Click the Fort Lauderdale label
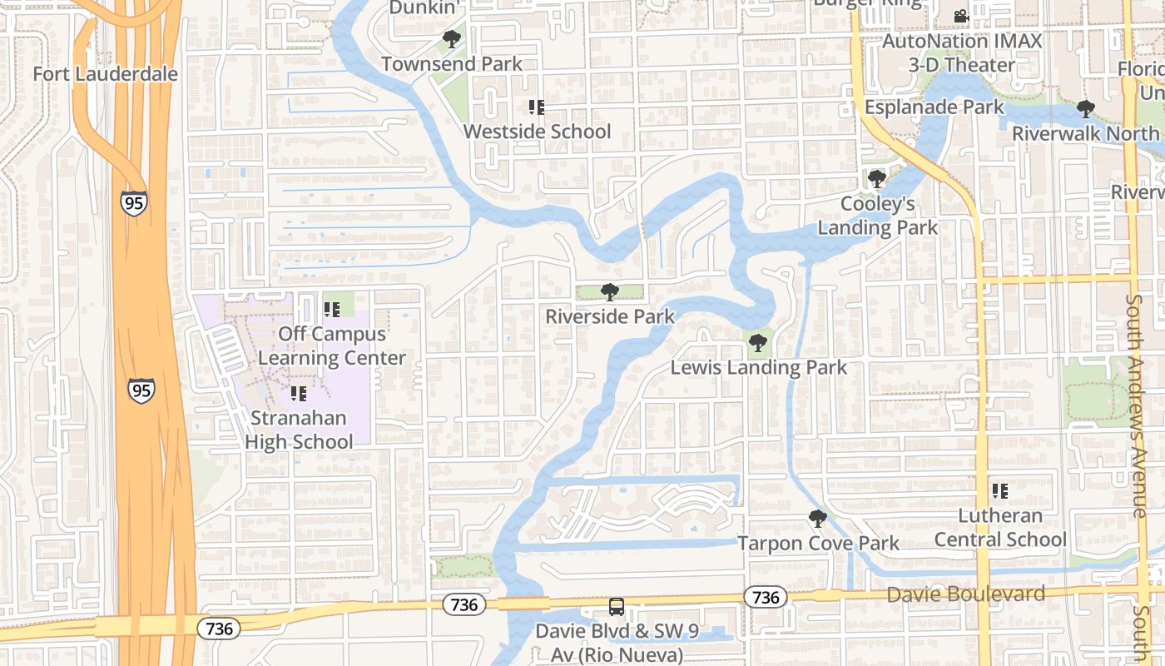[x=105, y=74]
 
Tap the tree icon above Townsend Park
[x=452, y=38]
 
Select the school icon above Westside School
[x=537, y=107]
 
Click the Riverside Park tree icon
[x=610, y=291]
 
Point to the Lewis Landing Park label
[x=759, y=367]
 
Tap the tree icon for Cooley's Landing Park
[x=876, y=178]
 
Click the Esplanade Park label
[x=934, y=107]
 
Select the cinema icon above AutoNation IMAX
[x=961, y=16]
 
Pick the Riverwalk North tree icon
[x=1085, y=108]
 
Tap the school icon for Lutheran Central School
[x=1000, y=491]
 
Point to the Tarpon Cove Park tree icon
[x=818, y=519]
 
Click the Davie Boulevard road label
[x=965, y=594]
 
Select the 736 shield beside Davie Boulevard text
[x=765, y=597]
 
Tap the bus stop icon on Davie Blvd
[x=616, y=607]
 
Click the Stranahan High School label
[x=300, y=430]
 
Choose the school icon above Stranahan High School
[x=299, y=393]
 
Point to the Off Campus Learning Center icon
[x=332, y=310]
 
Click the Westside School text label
[x=537, y=132]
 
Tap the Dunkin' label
[x=424, y=7]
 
